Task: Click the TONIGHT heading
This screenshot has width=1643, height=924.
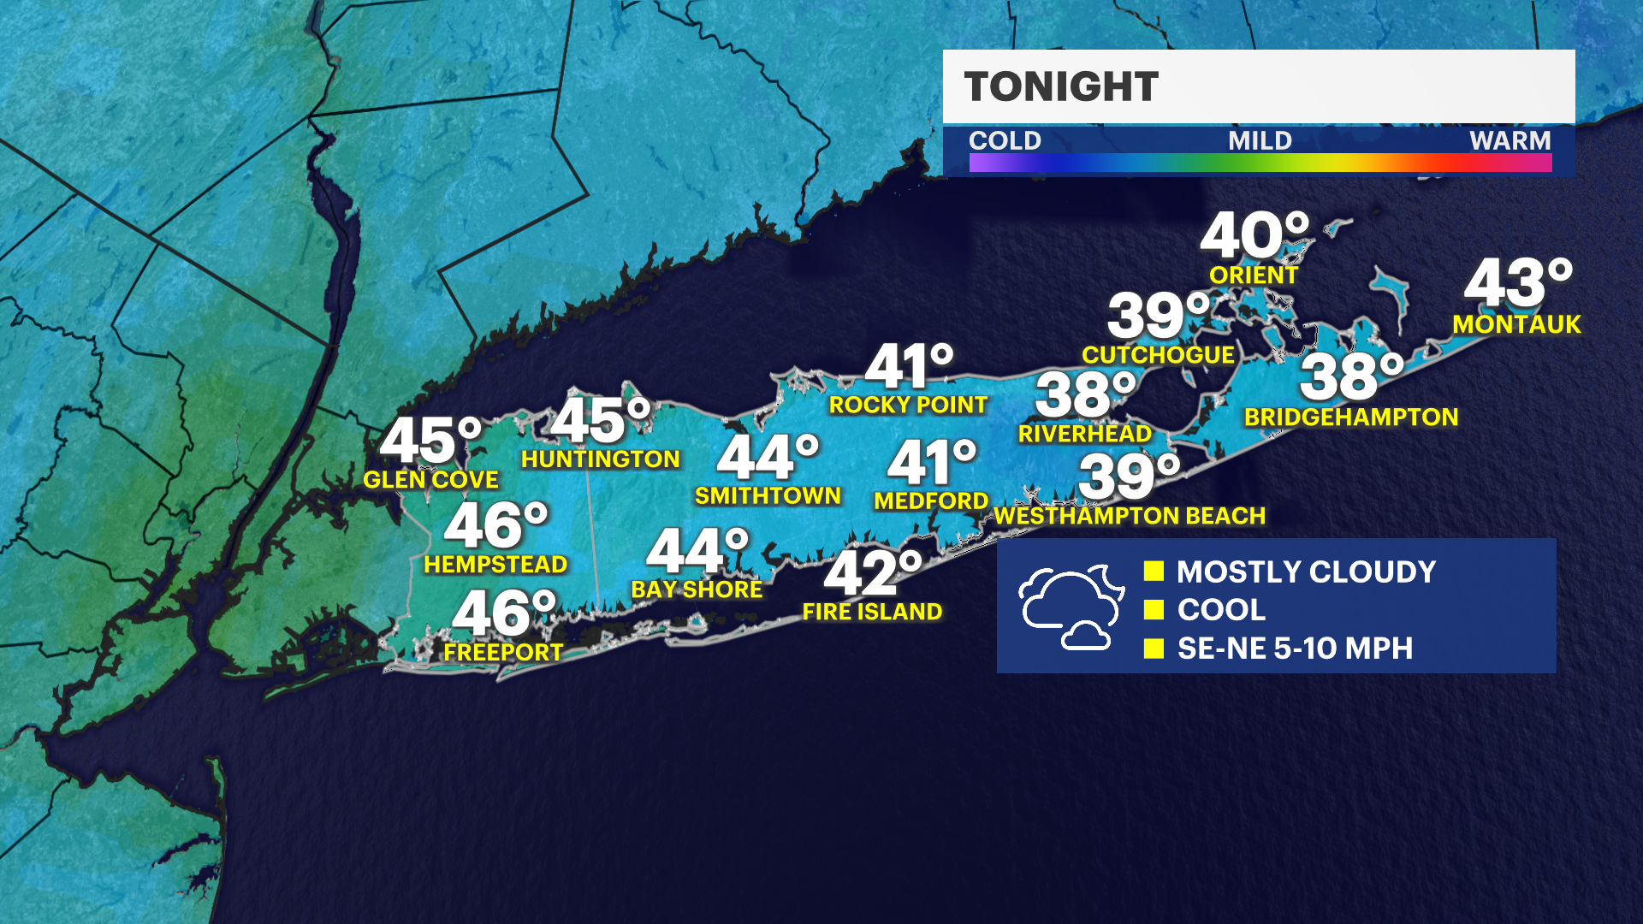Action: pyautogui.click(x=1061, y=86)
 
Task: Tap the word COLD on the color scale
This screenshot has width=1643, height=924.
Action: pyautogui.click(x=1005, y=140)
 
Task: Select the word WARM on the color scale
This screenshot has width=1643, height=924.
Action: pyautogui.click(x=1510, y=140)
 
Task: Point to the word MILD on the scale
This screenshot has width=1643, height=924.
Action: pyautogui.click(x=1260, y=140)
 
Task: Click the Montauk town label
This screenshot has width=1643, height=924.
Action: pyautogui.click(x=1516, y=324)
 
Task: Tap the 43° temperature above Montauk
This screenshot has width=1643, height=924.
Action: pyautogui.click(x=1517, y=283)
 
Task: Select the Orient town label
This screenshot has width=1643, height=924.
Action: pyautogui.click(x=1254, y=275)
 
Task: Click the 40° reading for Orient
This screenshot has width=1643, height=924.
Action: pyautogui.click(x=1254, y=235)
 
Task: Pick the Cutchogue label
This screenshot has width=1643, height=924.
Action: pyautogui.click(x=1158, y=355)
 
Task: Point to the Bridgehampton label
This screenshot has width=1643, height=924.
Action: pyautogui.click(x=1350, y=418)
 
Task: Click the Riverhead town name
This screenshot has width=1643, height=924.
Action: pyautogui.click(x=1084, y=434)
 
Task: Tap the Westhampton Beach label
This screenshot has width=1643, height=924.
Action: pyautogui.click(x=1130, y=516)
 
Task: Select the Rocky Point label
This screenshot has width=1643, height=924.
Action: pyautogui.click(x=908, y=405)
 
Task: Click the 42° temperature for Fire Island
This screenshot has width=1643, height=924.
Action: pyautogui.click(x=872, y=572)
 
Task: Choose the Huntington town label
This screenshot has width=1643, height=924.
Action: pyautogui.click(x=600, y=459)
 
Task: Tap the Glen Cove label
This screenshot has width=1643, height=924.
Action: pyautogui.click(x=430, y=480)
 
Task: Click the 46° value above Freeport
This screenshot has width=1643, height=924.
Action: pyautogui.click(x=503, y=613)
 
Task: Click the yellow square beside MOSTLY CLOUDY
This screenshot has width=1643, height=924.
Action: pyautogui.click(x=1154, y=571)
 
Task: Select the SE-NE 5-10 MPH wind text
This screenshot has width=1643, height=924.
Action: pyautogui.click(x=1295, y=649)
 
